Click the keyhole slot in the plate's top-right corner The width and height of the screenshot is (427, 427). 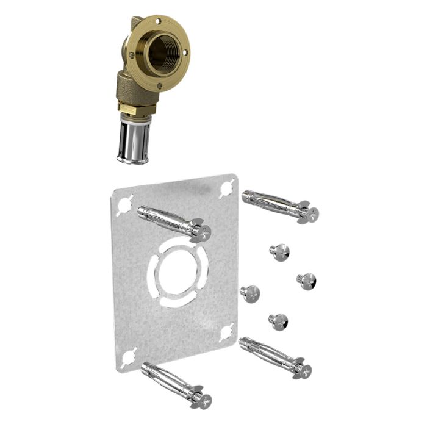(228, 185)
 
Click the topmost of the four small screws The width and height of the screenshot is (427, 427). (279, 251)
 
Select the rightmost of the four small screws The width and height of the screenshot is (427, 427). (306, 281)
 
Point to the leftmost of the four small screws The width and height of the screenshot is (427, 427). (250, 293)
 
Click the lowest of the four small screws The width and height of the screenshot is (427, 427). (278, 321)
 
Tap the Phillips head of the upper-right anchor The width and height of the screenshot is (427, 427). (312, 213)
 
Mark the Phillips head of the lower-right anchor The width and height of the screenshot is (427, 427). (304, 370)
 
